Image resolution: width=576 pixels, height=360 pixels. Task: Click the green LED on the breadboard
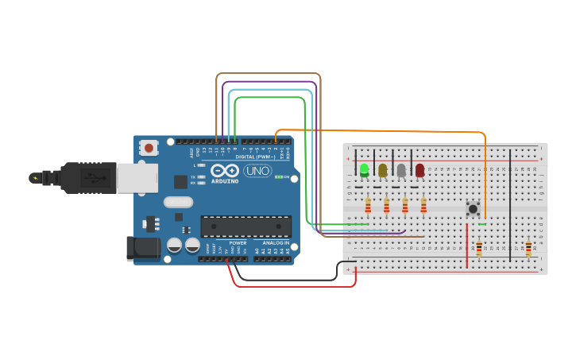point(364,169)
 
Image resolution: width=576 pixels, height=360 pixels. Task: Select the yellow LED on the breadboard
point(383,170)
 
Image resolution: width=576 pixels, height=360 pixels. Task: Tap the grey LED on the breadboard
point(401,170)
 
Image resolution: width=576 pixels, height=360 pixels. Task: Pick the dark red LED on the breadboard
point(419,170)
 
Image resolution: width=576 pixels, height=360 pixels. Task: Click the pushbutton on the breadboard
point(474,209)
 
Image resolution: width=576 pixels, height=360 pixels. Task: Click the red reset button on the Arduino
point(149,147)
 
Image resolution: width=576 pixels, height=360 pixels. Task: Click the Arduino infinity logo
point(225,171)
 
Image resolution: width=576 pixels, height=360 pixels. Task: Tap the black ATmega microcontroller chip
point(245,226)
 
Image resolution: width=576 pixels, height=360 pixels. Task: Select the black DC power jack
point(143,248)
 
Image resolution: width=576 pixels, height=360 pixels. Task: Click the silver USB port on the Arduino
point(137,178)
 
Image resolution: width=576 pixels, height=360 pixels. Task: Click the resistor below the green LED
point(368,207)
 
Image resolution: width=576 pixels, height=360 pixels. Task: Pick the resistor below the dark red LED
point(423,207)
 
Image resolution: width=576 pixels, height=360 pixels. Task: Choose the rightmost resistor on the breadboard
point(528,248)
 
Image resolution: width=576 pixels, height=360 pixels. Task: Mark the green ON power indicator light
point(277,177)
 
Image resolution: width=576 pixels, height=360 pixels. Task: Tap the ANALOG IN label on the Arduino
point(276,242)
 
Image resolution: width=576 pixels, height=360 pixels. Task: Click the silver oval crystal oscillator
point(179,202)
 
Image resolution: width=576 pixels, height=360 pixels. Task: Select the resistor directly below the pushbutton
point(479,249)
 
